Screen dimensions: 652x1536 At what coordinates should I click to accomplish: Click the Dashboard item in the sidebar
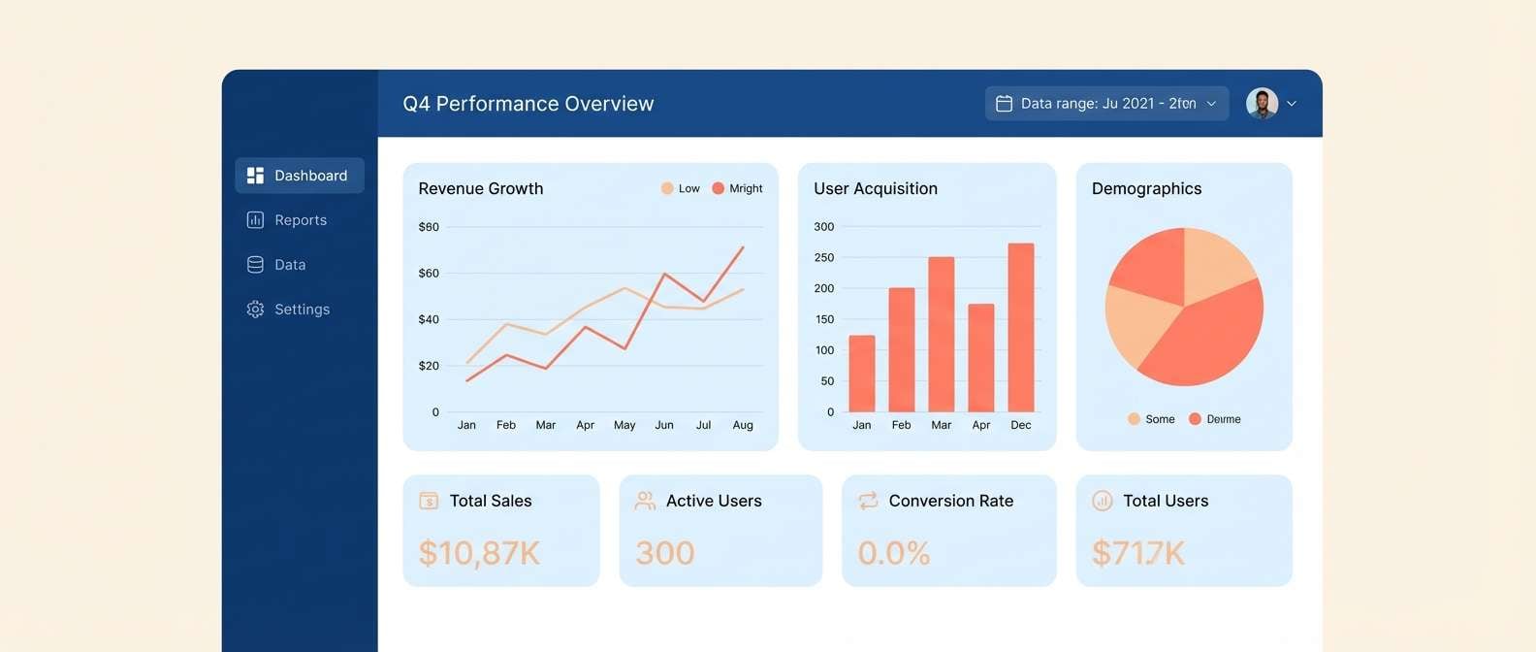[300, 176]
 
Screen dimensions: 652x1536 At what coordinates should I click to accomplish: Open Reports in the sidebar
[288, 220]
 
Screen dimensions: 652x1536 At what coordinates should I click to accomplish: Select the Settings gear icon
[255, 310]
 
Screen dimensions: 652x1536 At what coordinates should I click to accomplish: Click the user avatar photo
[1262, 104]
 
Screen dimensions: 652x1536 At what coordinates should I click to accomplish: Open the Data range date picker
[1106, 104]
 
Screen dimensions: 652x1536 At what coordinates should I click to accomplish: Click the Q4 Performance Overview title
[528, 104]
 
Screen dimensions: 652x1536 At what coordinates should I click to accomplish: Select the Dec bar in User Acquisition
[1021, 328]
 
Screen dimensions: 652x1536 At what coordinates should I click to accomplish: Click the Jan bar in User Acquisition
[862, 374]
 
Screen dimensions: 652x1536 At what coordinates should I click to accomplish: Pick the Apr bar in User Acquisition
[981, 358]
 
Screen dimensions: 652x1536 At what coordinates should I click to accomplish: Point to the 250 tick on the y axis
[824, 257]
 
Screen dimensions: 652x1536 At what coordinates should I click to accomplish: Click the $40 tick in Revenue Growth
[429, 319]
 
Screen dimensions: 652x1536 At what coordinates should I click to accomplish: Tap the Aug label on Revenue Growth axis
[743, 425]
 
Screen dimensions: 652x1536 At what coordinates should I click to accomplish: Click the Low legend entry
[681, 188]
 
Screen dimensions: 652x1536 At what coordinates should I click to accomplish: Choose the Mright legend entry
[738, 188]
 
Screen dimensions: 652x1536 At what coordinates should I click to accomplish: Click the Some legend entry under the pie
[1152, 419]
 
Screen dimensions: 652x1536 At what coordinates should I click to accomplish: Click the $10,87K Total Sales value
[479, 553]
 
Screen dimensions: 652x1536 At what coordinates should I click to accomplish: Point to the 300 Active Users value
[665, 553]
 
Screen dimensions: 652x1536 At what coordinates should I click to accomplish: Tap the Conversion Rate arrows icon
[868, 501]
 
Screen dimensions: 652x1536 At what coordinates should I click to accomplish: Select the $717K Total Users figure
[1138, 553]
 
